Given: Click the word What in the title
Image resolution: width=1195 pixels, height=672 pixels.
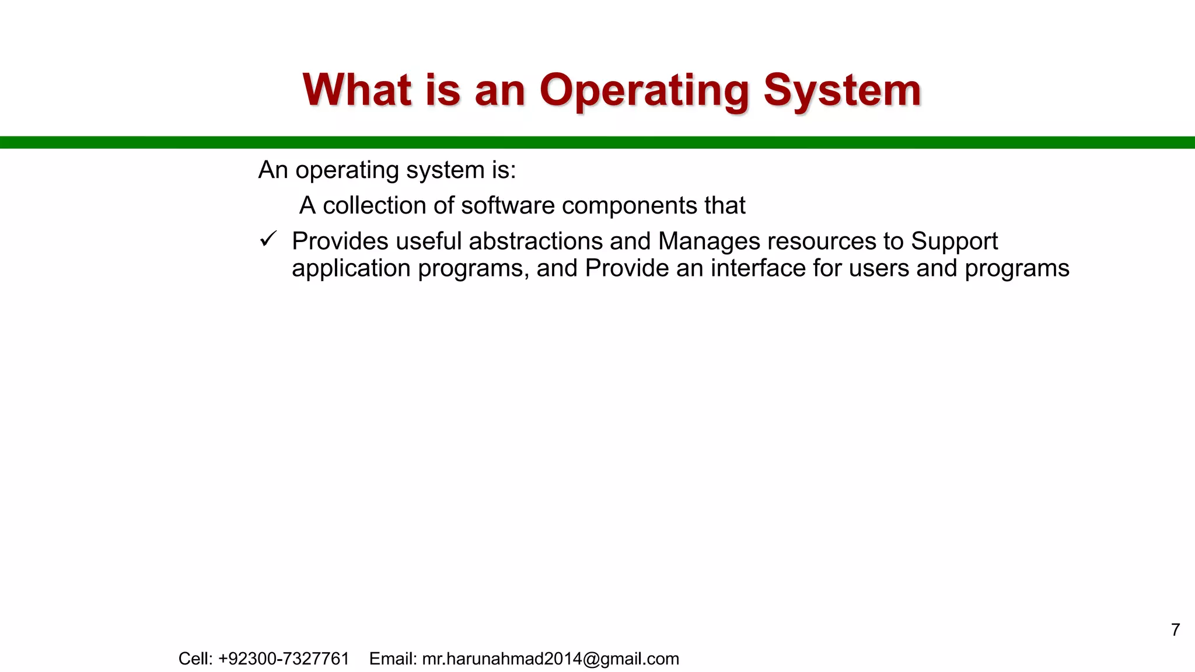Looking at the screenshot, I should click(x=357, y=90).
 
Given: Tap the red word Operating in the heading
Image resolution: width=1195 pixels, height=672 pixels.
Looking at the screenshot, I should click(x=644, y=92).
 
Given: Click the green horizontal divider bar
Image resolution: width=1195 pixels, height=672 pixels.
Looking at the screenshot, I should click(x=597, y=142).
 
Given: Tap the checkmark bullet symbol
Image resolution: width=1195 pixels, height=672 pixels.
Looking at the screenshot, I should click(x=268, y=239).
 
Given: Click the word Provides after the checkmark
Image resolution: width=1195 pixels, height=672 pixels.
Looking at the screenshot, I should click(x=340, y=241).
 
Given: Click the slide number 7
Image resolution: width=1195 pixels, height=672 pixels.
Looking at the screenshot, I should click(x=1176, y=630).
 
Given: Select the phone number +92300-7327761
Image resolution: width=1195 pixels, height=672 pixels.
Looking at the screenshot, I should click(x=284, y=659).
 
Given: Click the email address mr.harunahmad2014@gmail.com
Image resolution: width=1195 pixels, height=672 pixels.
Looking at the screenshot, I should click(x=550, y=659).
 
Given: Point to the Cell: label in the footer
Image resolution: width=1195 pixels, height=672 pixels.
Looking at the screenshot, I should click(x=195, y=659).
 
